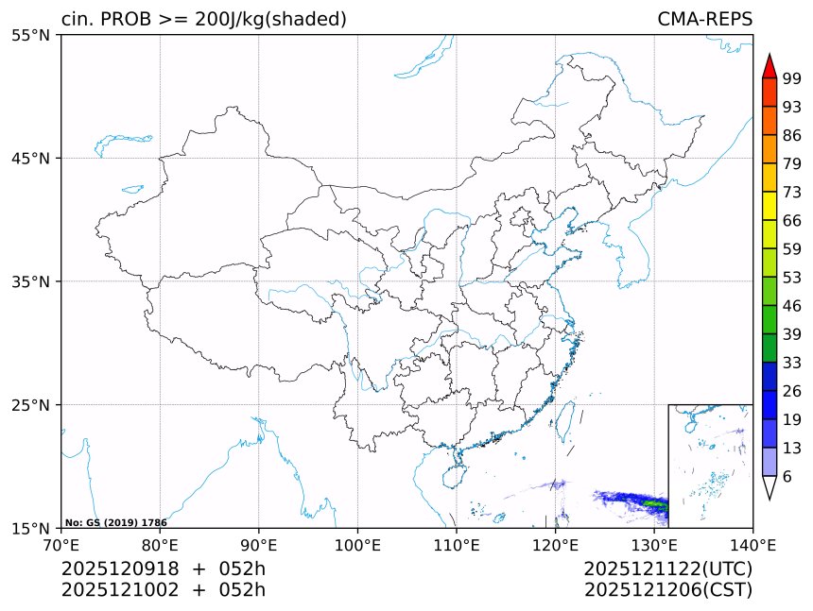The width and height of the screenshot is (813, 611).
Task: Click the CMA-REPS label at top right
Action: pos(704,19)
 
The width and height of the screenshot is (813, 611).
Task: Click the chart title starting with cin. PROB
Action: pos(203,19)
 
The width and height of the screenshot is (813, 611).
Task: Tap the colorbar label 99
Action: pos(792,79)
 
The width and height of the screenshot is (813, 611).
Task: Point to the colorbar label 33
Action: pos(792,363)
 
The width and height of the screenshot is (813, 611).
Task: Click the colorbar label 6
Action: pos(787,477)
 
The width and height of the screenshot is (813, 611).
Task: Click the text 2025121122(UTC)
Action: pos(667,569)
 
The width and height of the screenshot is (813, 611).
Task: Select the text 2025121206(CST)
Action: pos(667,591)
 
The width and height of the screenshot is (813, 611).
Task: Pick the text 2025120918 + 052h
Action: pos(164,569)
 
